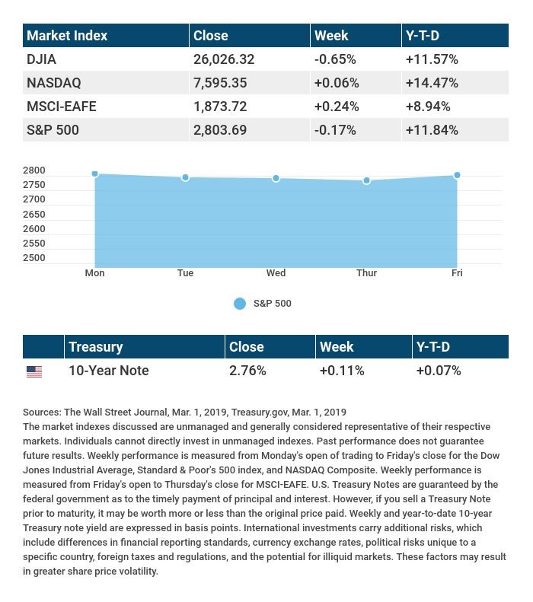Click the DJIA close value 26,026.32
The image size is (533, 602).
[x=224, y=59]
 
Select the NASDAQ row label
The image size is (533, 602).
[x=53, y=83]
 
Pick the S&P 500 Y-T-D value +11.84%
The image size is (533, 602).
[x=432, y=130]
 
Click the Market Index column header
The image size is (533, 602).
[x=67, y=36]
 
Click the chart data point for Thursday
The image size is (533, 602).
[x=367, y=180]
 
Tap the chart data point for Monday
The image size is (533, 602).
[x=95, y=174]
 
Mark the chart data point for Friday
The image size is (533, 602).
[x=457, y=175]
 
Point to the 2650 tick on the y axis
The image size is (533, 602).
[x=34, y=215]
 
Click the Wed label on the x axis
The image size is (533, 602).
[x=276, y=273]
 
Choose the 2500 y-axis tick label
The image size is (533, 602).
[x=34, y=258]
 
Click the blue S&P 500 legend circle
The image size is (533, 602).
[x=240, y=304]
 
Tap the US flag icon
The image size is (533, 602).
[x=34, y=371]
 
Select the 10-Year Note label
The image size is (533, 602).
[x=108, y=371]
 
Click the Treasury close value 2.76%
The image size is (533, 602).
[x=247, y=371]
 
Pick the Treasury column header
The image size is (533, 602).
[x=95, y=347]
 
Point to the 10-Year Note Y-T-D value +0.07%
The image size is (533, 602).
[x=439, y=371]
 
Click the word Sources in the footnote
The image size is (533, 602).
[x=41, y=412]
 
